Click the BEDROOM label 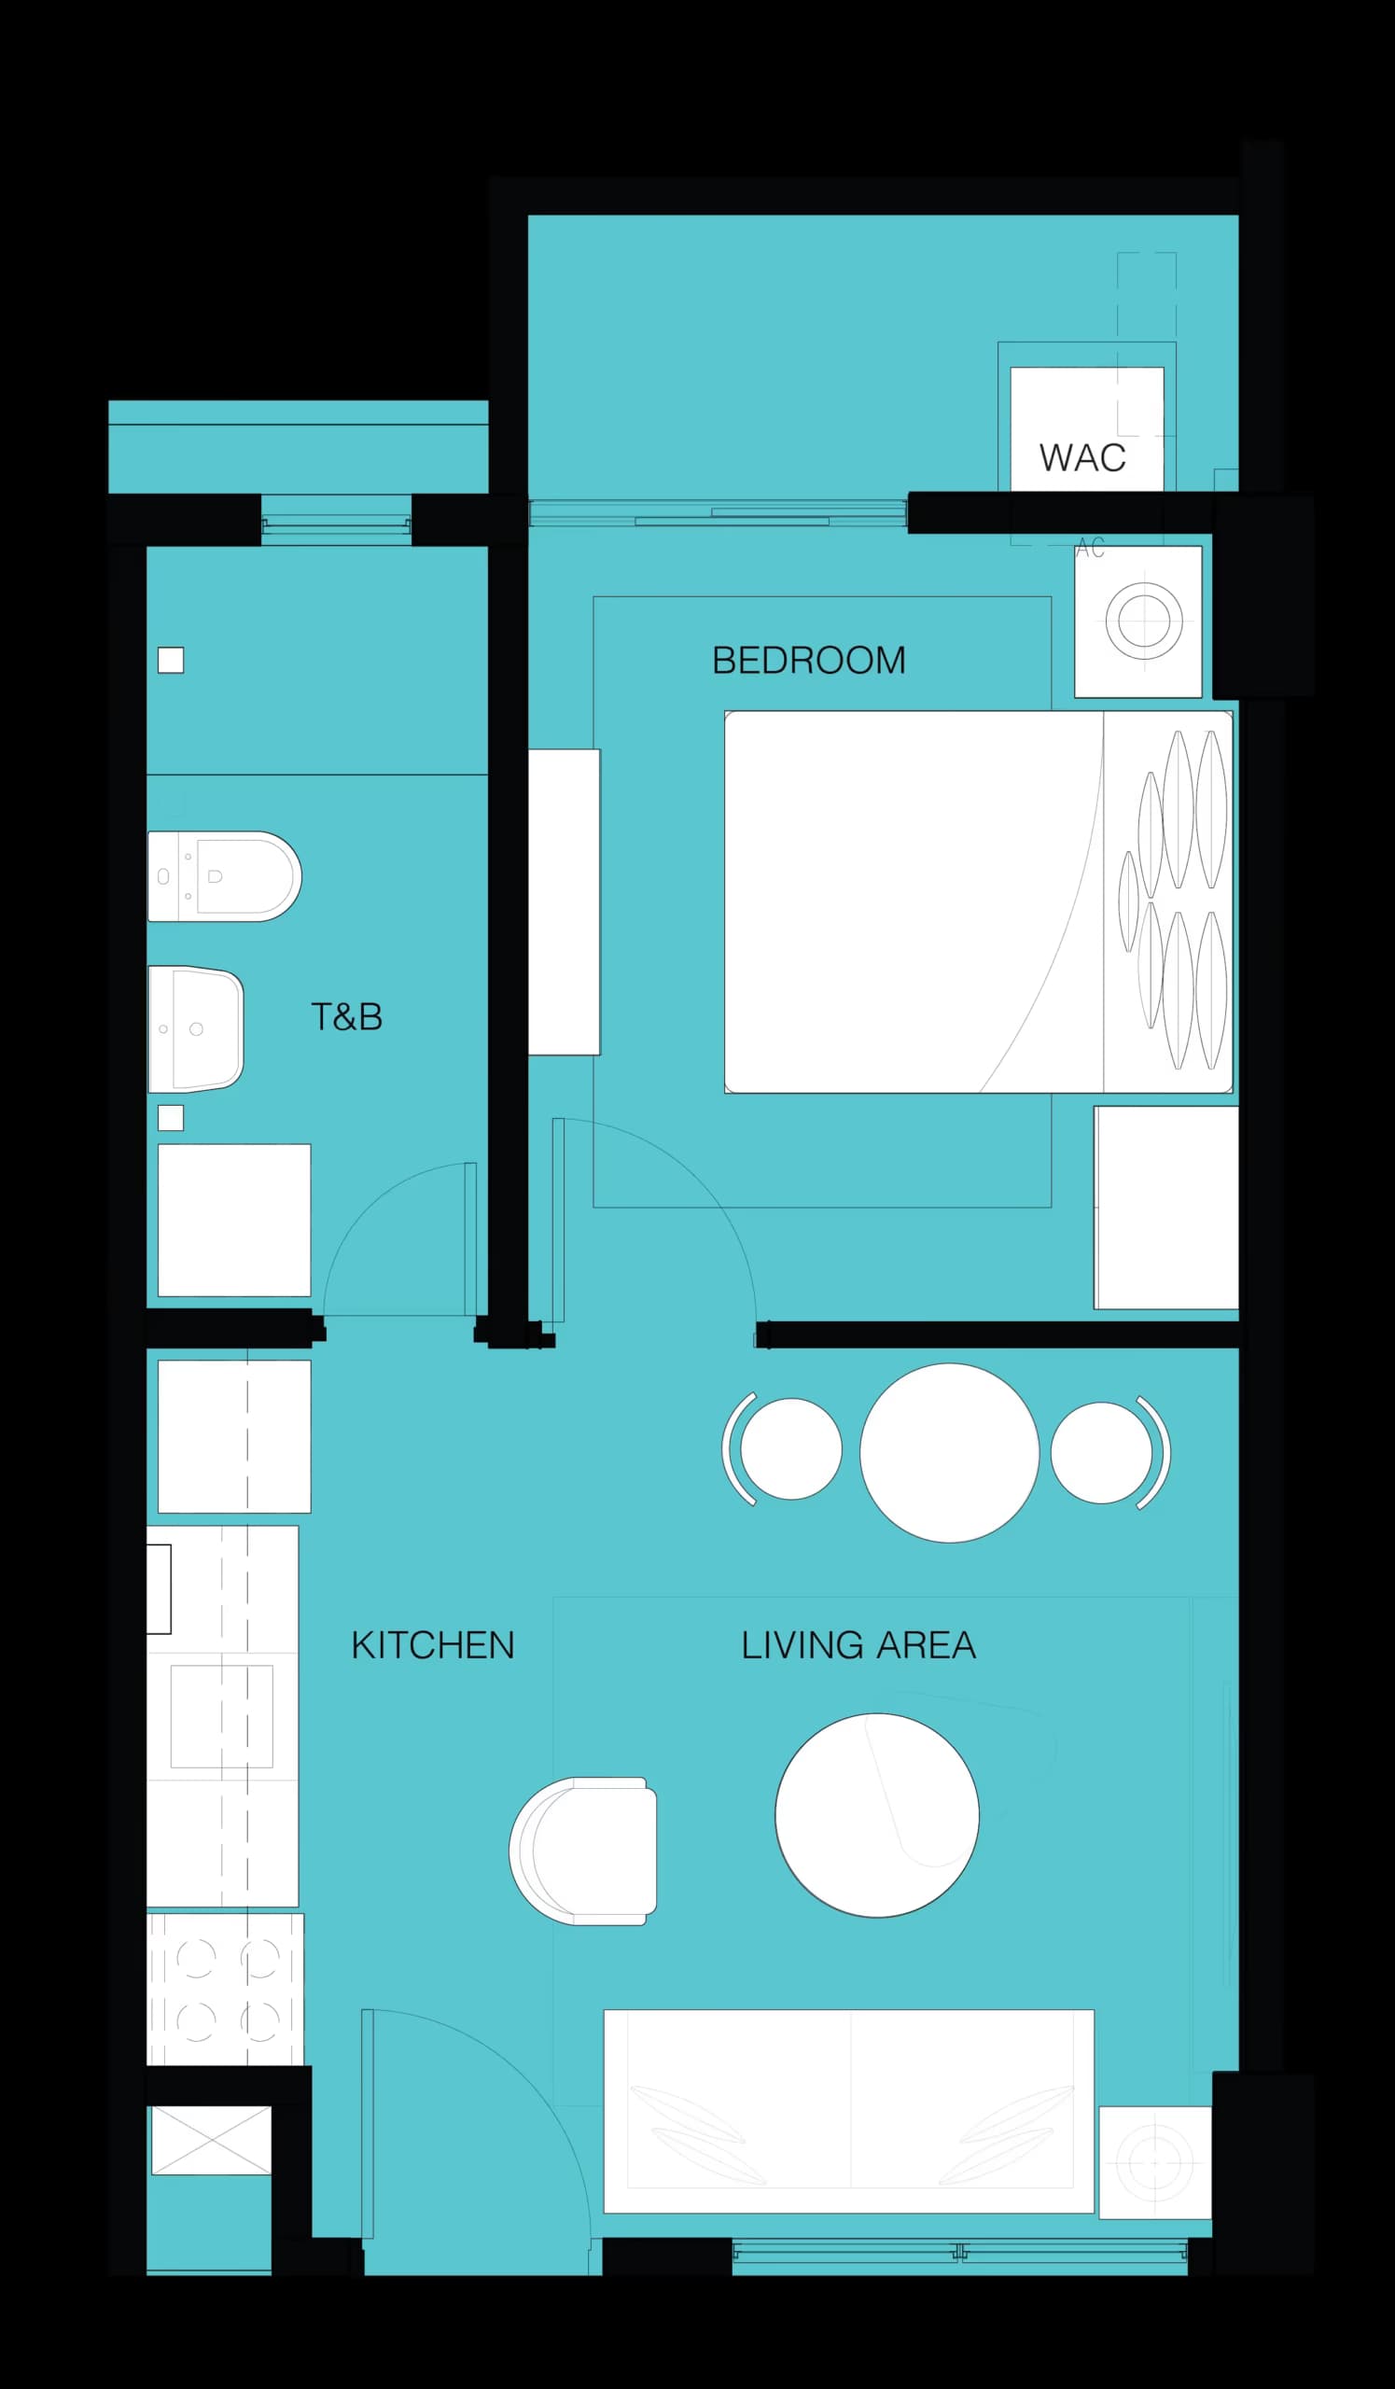point(808,661)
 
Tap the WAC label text point(1082,458)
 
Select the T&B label point(347,1017)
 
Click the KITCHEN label point(432,1646)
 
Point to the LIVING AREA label point(858,1646)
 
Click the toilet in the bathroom point(225,877)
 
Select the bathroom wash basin point(196,1029)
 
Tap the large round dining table point(949,1453)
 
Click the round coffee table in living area point(876,1815)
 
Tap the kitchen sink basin point(222,1717)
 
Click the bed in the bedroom point(976,901)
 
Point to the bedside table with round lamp point(1138,622)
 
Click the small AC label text point(1090,548)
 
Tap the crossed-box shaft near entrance point(211,2141)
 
